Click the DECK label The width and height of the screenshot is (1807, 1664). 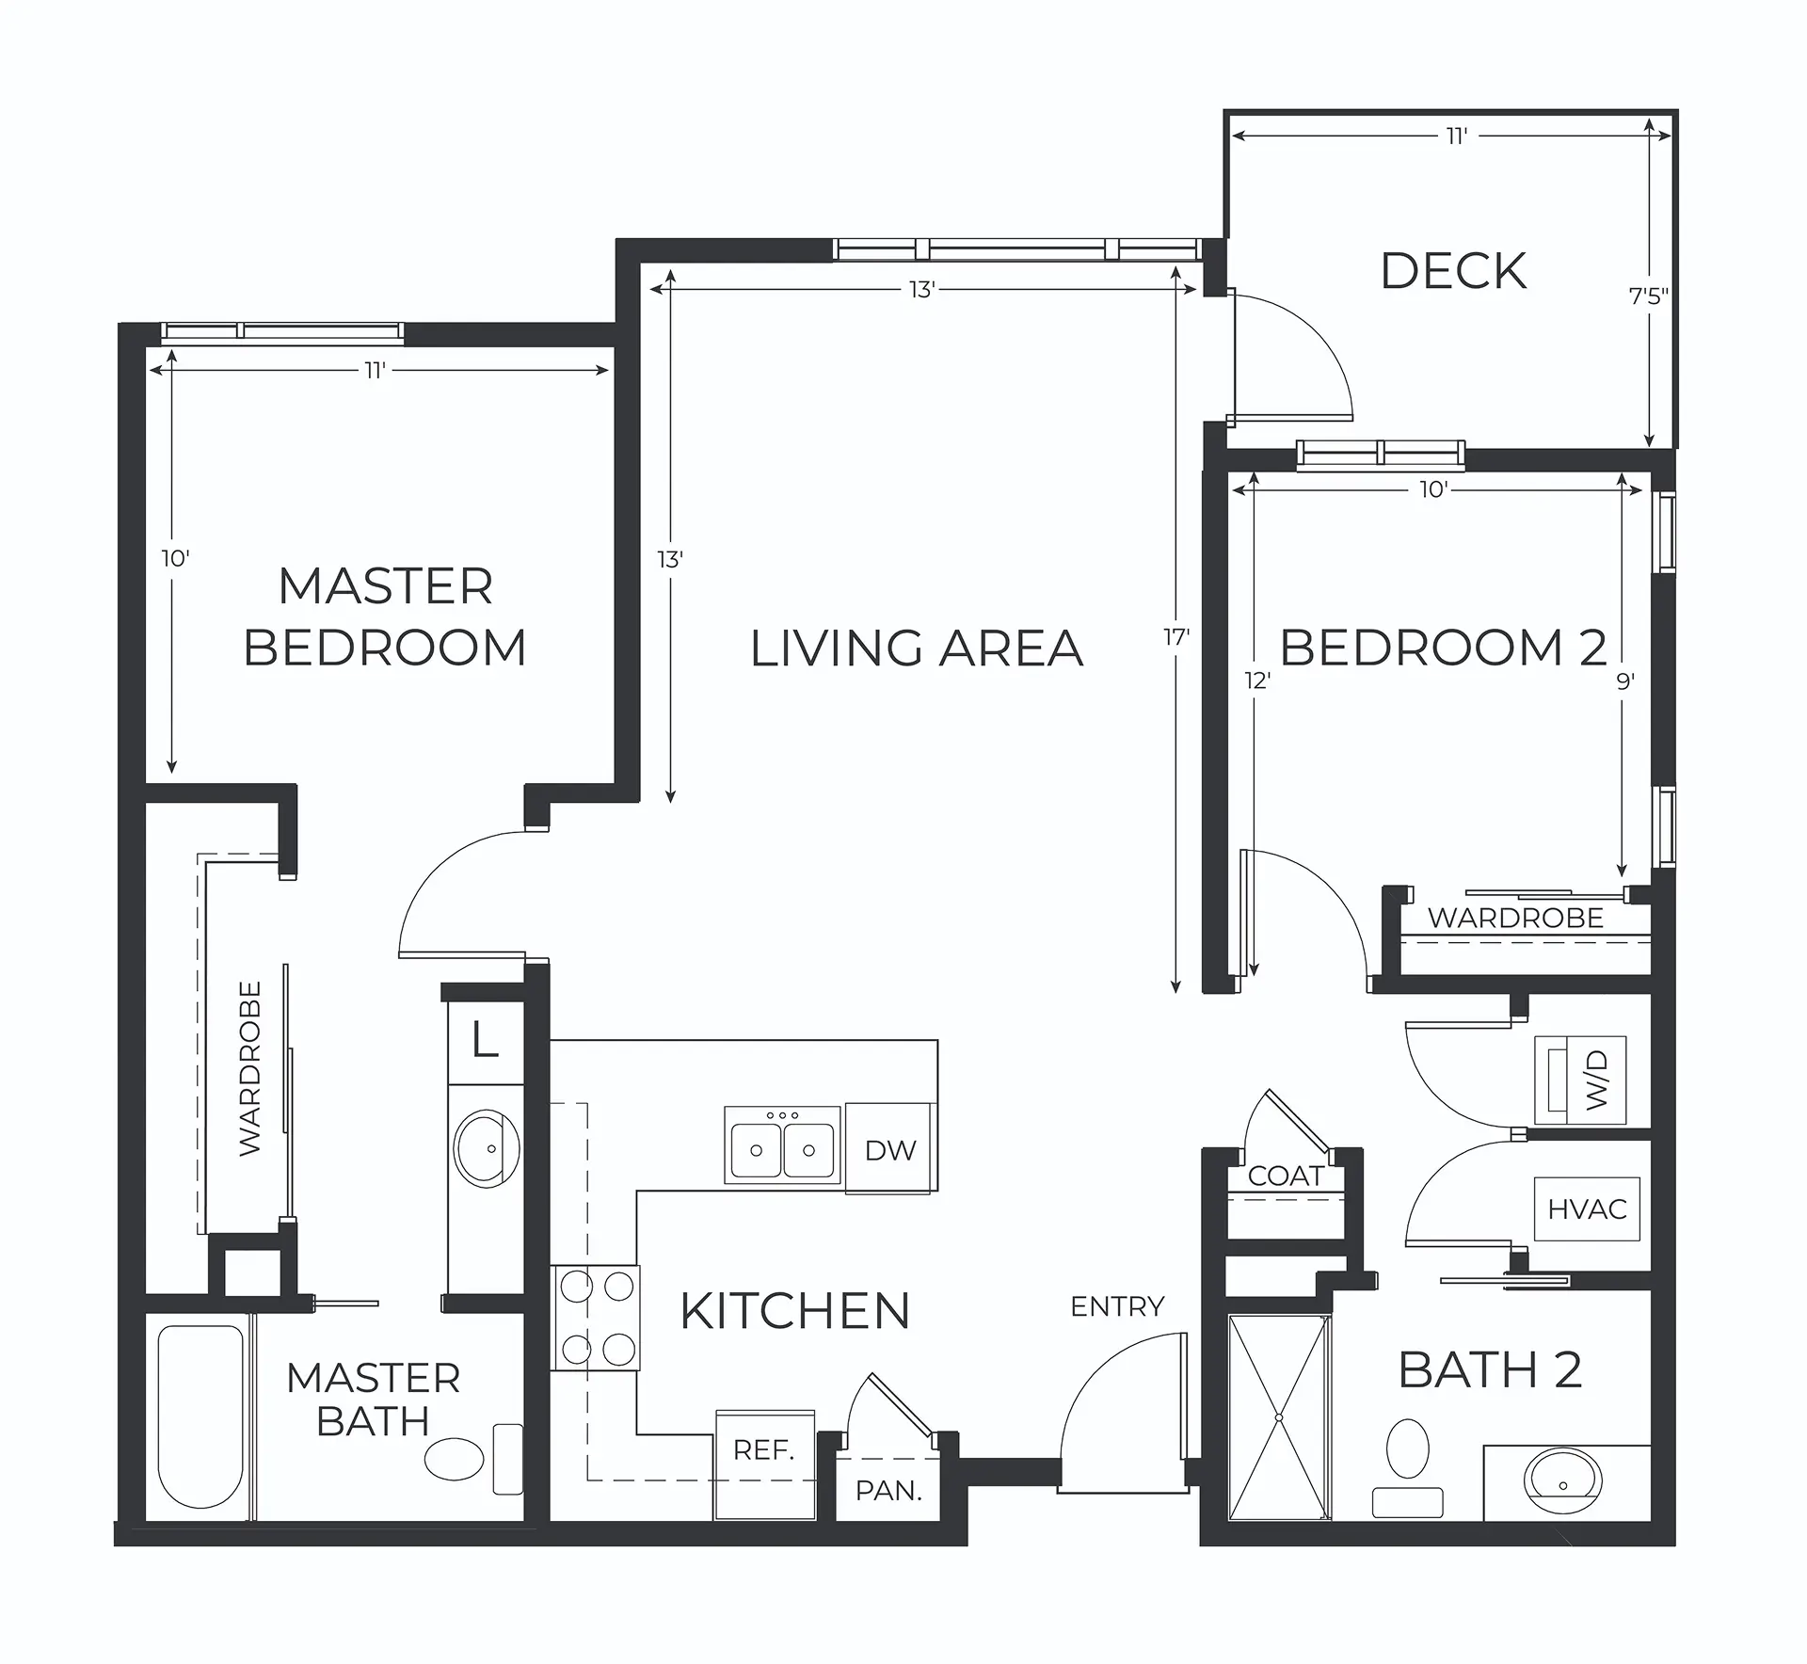[x=1454, y=271]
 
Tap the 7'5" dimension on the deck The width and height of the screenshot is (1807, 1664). [x=1649, y=296]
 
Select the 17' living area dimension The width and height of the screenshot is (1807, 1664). [x=1176, y=638]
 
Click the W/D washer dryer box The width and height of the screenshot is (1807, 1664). [x=1580, y=1080]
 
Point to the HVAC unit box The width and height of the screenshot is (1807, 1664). [x=1587, y=1208]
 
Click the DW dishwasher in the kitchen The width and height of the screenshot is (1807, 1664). [x=890, y=1148]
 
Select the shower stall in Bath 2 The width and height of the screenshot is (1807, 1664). [x=1280, y=1417]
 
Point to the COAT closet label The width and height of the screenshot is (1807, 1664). [x=1286, y=1176]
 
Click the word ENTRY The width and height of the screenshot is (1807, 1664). [x=1118, y=1306]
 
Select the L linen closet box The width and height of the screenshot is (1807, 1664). [x=485, y=1042]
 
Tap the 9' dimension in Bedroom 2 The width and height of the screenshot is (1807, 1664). [x=1625, y=680]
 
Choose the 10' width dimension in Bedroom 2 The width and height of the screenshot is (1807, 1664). [x=1433, y=489]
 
